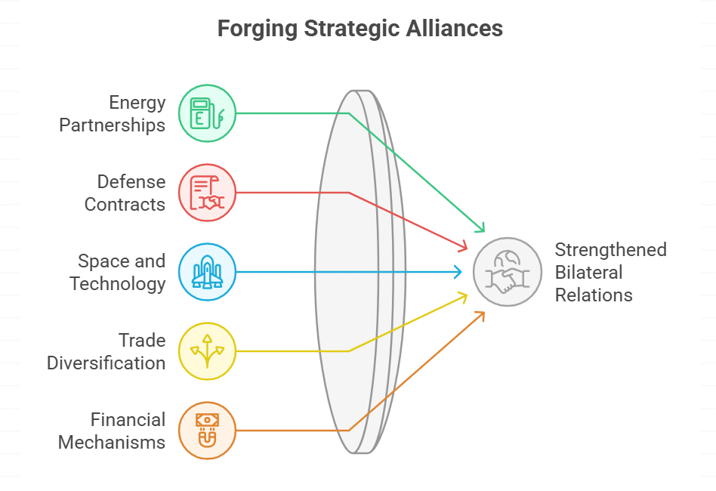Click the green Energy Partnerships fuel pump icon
pyautogui.click(x=207, y=113)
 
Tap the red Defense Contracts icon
pyautogui.click(x=207, y=193)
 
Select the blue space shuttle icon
pyautogui.click(x=207, y=272)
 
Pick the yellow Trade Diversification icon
pyautogui.click(x=207, y=350)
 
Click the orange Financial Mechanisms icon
pyautogui.click(x=207, y=430)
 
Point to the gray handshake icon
pyautogui.click(x=508, y=272)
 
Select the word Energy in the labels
pyautogui.click(x=137, y=102)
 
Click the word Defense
pyautogui.click(x=131, y=182)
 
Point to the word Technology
pyautogui.click(x=117, y=283)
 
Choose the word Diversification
pyautogui.click(x=106, y=363)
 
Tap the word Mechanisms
pyautogui.click(x=111, y=442)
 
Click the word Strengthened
pyautogui.click(x=610, y=249)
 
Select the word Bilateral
pyautogui.click(x=589, y=272)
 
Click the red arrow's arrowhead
pyautogui.click(x=464, y=247)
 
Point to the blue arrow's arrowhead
pyautogui.click(x=458, y=272)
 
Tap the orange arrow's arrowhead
pyautogui.click(x=481, y=313)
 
